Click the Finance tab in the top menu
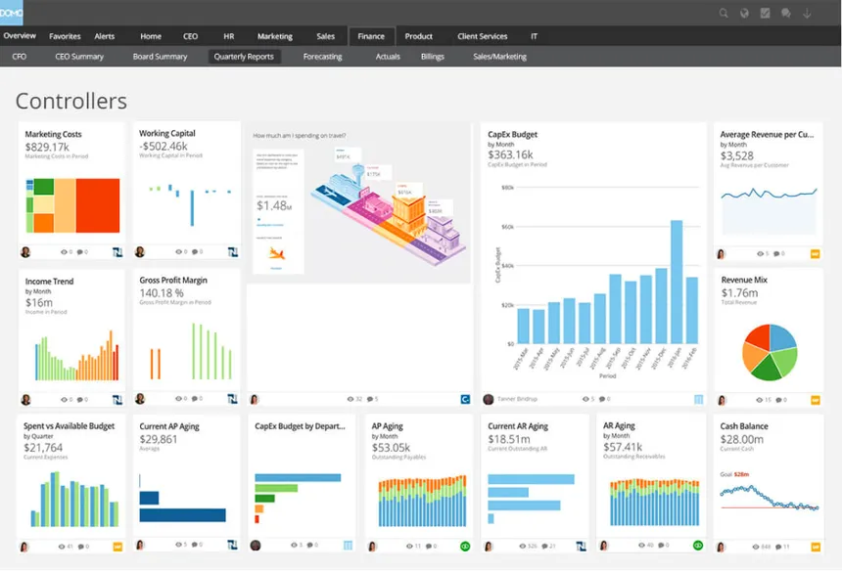coord(371,36)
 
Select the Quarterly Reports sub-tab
coord(244,57)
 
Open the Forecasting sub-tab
coord(322,57)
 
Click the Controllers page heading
coord(71,101)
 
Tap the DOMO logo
coord(12,12)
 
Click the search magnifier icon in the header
coord(724,13)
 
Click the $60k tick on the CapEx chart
coord(507,226)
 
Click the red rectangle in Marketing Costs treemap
coord(98,205)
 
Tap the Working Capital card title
coord(167,133)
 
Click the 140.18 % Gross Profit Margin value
coord(162,292)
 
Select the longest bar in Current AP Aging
coord(183,515)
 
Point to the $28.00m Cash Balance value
coord(744,439)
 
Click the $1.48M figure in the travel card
coord(273,205)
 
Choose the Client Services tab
coord(482,36)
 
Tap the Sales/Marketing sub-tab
coord(499,57)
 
